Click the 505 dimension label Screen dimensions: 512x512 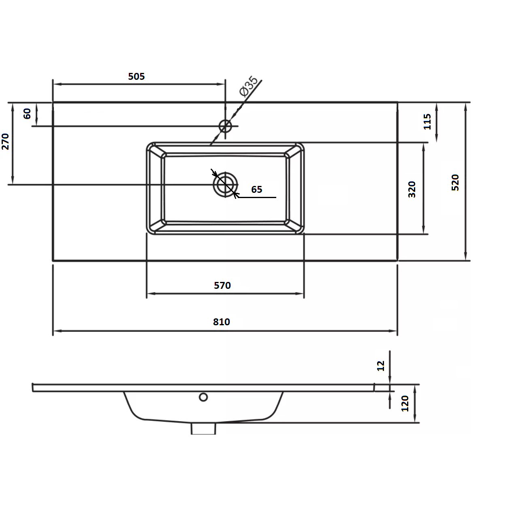coord(136,77)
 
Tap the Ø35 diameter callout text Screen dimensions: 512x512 coord(248,86)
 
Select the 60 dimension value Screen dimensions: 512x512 coord(27,114)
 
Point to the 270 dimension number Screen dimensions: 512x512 coord(5,142)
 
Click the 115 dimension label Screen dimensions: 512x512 coord(427,122)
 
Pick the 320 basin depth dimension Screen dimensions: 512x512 coord(412,190)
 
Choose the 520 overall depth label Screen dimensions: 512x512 coord(455,183)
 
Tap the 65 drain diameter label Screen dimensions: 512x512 coord(257,190)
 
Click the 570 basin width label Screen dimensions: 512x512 coord(222,285)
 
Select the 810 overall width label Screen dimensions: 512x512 coord(221,322)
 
